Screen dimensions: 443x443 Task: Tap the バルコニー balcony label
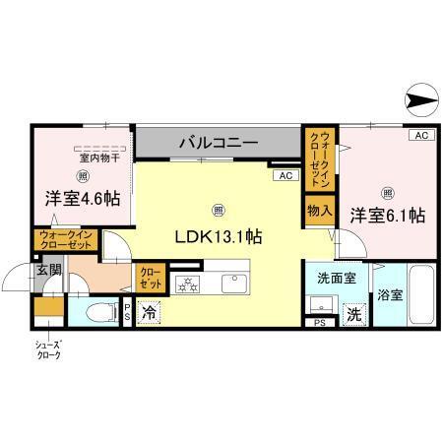[218, 143]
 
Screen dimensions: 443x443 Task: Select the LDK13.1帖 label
[218, 236]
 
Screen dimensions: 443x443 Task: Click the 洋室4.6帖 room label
[83, 198]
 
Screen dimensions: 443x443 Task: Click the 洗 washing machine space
[351, 315]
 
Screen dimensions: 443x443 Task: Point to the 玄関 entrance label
[48, 269]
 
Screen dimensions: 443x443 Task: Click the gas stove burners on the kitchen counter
[186, 285]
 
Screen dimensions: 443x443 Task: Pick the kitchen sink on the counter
[235, 285]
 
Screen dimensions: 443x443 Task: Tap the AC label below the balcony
[285, 175]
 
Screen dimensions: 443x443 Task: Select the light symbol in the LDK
[218, 209]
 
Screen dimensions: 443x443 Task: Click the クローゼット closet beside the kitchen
[150, 278]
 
